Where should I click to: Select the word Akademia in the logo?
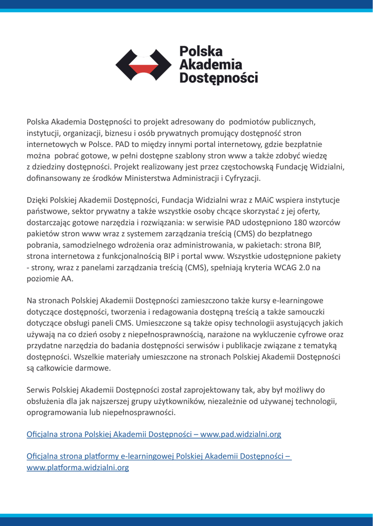coord(210,65)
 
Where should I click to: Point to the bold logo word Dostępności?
coord(218,78)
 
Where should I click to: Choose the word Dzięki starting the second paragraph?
coord(39,200)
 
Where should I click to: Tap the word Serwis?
coord(39,390)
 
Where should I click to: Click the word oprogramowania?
coord(61,412)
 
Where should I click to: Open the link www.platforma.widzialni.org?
coord(78,468)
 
